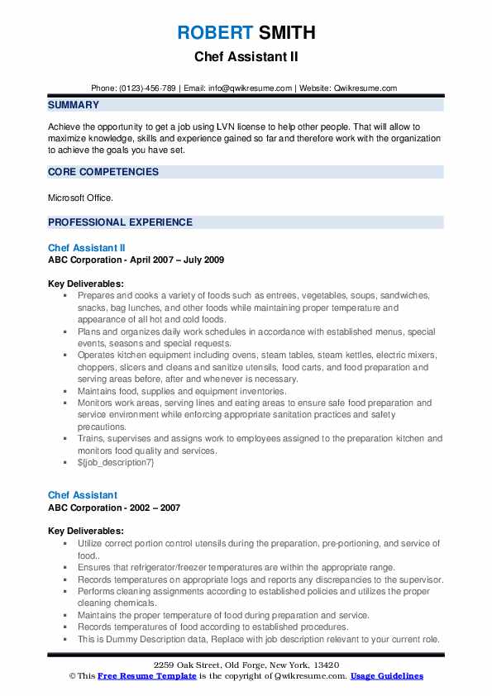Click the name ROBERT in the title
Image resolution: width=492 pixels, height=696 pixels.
click(212, 33)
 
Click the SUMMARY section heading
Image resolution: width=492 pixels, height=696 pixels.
click(74, 105)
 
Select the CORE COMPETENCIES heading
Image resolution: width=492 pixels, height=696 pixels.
click(103, 172)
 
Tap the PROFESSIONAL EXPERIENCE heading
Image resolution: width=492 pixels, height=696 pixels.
click(120, 222)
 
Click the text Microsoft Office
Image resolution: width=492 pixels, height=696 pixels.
click(79, 198)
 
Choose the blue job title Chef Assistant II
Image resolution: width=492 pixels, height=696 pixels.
click(87, 247)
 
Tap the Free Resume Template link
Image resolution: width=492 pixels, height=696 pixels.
click(139, 676)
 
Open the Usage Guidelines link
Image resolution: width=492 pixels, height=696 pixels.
click(386, 676)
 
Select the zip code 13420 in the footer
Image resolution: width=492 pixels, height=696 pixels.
click(323, 665)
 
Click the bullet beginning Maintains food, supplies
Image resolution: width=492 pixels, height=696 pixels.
click(182, 391)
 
